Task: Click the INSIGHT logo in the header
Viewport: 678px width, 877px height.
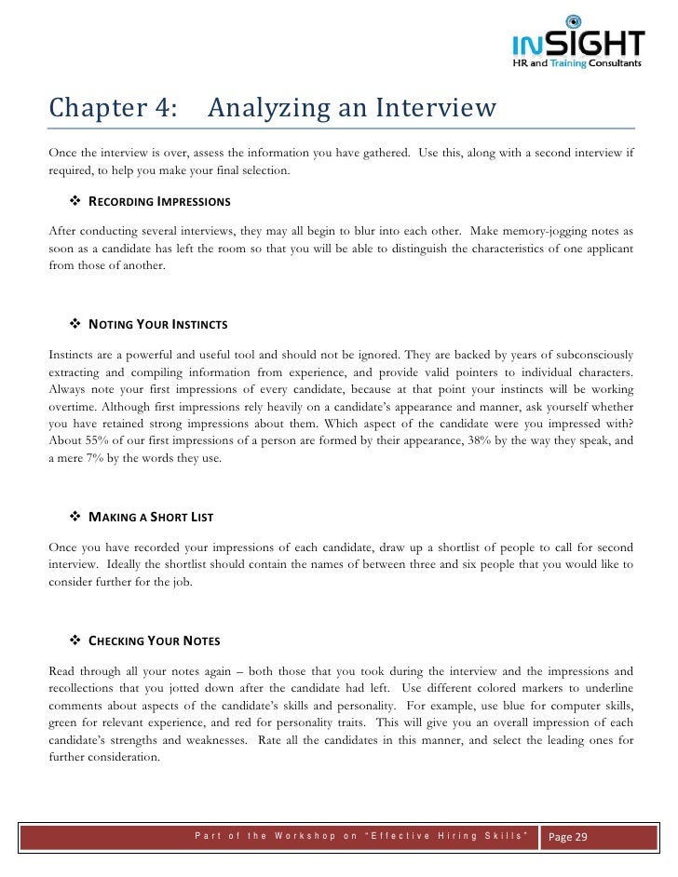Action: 576,43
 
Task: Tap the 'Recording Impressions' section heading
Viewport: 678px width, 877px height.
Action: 159,202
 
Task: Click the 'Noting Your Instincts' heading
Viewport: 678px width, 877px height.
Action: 157,325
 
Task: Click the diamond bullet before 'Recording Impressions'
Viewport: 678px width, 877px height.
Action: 76,202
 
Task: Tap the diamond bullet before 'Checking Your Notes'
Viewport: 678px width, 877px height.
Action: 76,641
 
